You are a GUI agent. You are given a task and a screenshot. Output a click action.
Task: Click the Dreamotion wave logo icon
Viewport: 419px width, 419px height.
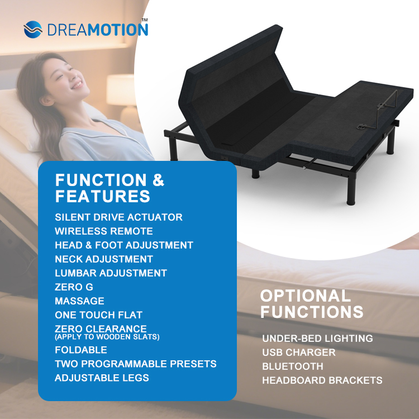point(34,29)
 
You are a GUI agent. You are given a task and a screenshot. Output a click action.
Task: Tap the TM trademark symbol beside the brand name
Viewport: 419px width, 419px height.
point(144,21)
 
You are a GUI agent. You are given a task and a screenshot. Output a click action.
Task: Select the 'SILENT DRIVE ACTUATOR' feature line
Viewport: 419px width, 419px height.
point(118,217)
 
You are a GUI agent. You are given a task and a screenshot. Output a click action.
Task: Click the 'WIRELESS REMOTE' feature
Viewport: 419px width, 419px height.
point(103,231)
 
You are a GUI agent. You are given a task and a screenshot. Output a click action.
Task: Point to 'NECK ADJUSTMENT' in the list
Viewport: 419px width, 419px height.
point(103,259)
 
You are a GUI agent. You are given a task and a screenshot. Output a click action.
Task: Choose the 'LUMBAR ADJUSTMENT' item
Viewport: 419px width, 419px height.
point(111,273)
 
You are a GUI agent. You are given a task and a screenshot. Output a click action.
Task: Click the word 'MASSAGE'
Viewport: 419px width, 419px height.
point(79,301)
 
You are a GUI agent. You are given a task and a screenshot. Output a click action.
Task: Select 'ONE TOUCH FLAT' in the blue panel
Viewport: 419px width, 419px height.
point(98,315)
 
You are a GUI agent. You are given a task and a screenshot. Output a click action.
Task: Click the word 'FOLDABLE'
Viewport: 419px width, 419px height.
point(80,350)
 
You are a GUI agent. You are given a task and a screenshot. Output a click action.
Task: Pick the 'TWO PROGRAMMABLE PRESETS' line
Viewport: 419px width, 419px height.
point(135,364)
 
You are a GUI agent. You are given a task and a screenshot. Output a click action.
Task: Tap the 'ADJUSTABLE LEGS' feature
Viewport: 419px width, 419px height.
point(102,378)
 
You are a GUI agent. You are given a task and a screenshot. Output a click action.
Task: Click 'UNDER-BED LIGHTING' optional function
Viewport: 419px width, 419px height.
point(317,338)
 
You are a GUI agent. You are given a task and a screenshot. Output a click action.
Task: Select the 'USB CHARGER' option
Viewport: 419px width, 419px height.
point(298,353)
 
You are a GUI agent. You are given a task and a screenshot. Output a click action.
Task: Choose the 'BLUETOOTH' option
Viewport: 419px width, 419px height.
point(292,366)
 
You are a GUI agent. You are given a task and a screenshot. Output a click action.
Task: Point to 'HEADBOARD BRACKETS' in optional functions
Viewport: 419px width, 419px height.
point(322,380)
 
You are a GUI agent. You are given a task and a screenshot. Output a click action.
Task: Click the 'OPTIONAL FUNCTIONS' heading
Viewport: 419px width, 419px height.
point(311,303)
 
